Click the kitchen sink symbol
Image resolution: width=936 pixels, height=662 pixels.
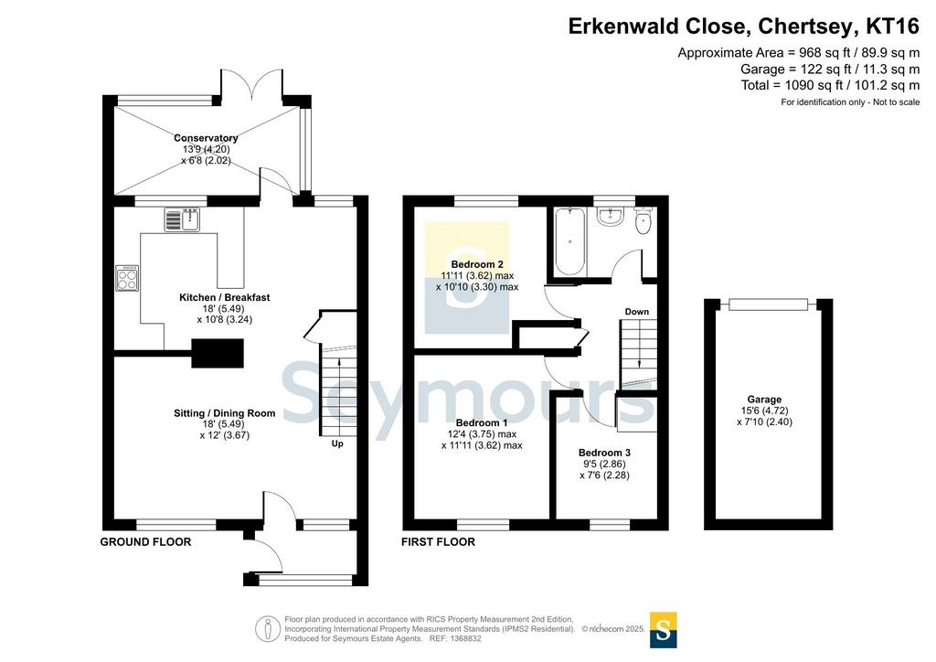click(183, 219)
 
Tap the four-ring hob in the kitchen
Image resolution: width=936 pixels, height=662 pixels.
click(127, 278)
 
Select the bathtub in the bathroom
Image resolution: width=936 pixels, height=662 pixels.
click(569, 241)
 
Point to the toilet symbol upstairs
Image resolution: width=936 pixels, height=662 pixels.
click(643, 221)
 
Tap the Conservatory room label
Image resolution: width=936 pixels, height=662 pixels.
click(206, 138)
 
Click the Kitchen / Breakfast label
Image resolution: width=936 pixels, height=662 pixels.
click(225, 297)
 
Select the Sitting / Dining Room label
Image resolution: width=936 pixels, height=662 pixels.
click(225, 413)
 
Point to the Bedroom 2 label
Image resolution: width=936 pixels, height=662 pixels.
click(477, 264)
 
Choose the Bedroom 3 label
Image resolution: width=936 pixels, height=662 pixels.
click(604, 454)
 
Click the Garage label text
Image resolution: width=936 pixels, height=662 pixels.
click(764, 400)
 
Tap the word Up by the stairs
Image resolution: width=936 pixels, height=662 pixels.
click(337, 444)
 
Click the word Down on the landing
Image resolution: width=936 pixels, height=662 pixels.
click(637, 312)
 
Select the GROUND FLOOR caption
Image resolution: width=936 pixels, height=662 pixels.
click(145, 542)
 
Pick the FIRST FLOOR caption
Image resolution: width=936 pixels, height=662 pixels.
click(438, 542)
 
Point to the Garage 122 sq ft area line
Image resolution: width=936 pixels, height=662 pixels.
click(830, 69)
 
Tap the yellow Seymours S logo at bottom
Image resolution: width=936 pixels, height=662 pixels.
click(664, 630)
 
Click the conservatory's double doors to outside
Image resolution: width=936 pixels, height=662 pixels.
click(252, 83)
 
